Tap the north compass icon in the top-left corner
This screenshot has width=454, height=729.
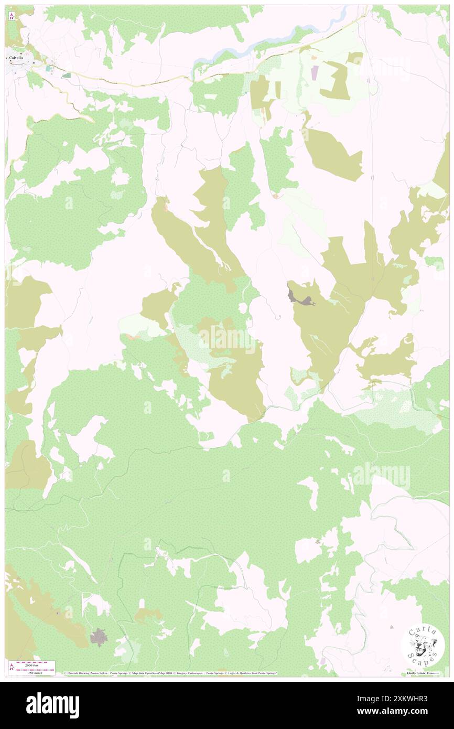(12, 16)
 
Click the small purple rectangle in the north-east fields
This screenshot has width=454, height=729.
(314, 73)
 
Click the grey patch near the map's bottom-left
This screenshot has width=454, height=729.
(98, 638)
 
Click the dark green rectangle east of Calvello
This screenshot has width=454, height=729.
(67, 76)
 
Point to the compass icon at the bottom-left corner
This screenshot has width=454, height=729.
(12, 667)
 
